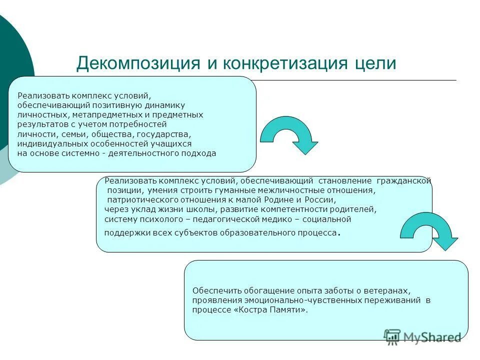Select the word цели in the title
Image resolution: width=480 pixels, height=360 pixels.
pyautogui.click(x=374, y=63)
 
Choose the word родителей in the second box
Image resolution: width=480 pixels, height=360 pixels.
pyautogui.click(x=353, y=209)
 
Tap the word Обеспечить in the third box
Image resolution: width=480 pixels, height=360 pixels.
pyautogui.click(x=217, y=290)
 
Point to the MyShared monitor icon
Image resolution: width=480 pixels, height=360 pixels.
pyautogui.click(x=392, y=336)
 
